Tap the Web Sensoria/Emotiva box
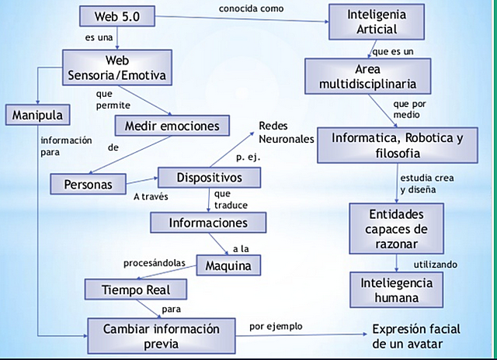click(116, 67)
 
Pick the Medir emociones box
click(172, 124)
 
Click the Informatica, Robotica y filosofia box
click(396, 145)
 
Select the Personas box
click(86, 185)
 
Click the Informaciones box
click(209, 223)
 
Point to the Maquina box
click(228, 265)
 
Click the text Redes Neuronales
click(287, 133)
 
